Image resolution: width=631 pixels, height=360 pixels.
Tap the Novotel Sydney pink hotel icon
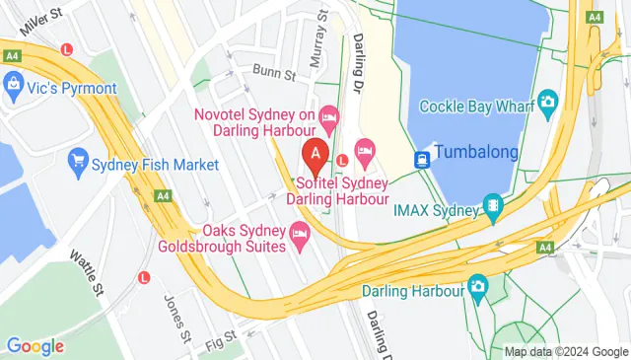[330, 117]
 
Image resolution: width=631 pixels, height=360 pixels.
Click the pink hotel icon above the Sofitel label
[364, 150]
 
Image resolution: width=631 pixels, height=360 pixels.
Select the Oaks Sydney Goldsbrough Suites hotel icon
[300, 233]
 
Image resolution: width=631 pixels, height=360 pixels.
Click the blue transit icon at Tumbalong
[422, 156]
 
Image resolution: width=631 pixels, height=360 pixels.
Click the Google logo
[35, 345]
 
